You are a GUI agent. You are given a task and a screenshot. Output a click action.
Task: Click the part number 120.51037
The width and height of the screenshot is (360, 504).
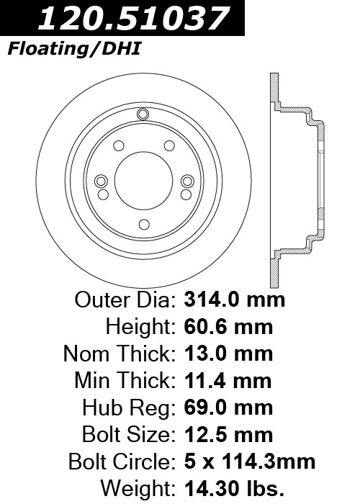click(x=133, y=18)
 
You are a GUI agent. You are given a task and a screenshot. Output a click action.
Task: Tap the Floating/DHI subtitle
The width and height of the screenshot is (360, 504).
click(x=74, y=50)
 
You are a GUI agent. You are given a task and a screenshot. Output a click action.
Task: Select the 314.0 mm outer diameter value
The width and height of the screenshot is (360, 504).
click(x=234, y=300)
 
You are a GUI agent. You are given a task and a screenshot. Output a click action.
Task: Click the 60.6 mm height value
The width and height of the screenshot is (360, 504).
click(x=228, y=327)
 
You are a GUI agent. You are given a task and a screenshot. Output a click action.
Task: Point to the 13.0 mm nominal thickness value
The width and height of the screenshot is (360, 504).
click(x=228, y=354)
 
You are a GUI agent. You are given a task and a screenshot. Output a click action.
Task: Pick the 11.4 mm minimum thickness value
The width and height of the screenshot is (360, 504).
click(x=228, y=381)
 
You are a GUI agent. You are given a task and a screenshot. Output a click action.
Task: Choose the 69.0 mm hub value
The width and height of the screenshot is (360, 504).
click(x=228, y=408)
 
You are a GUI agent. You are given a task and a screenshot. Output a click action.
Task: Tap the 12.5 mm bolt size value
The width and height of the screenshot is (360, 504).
click(x=228, y=435)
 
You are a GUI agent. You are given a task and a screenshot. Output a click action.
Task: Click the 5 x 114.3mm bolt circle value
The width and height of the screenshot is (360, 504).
click(x=249, y=462)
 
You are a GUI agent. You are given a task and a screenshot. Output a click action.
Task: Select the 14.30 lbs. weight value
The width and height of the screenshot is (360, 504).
click(x=234, y=489)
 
